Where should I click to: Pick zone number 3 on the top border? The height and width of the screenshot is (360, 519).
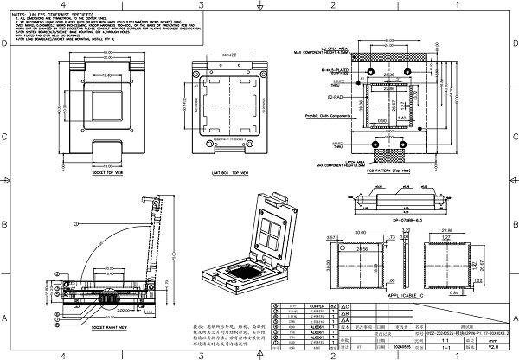pyautogui.click(x=200, y=5)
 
